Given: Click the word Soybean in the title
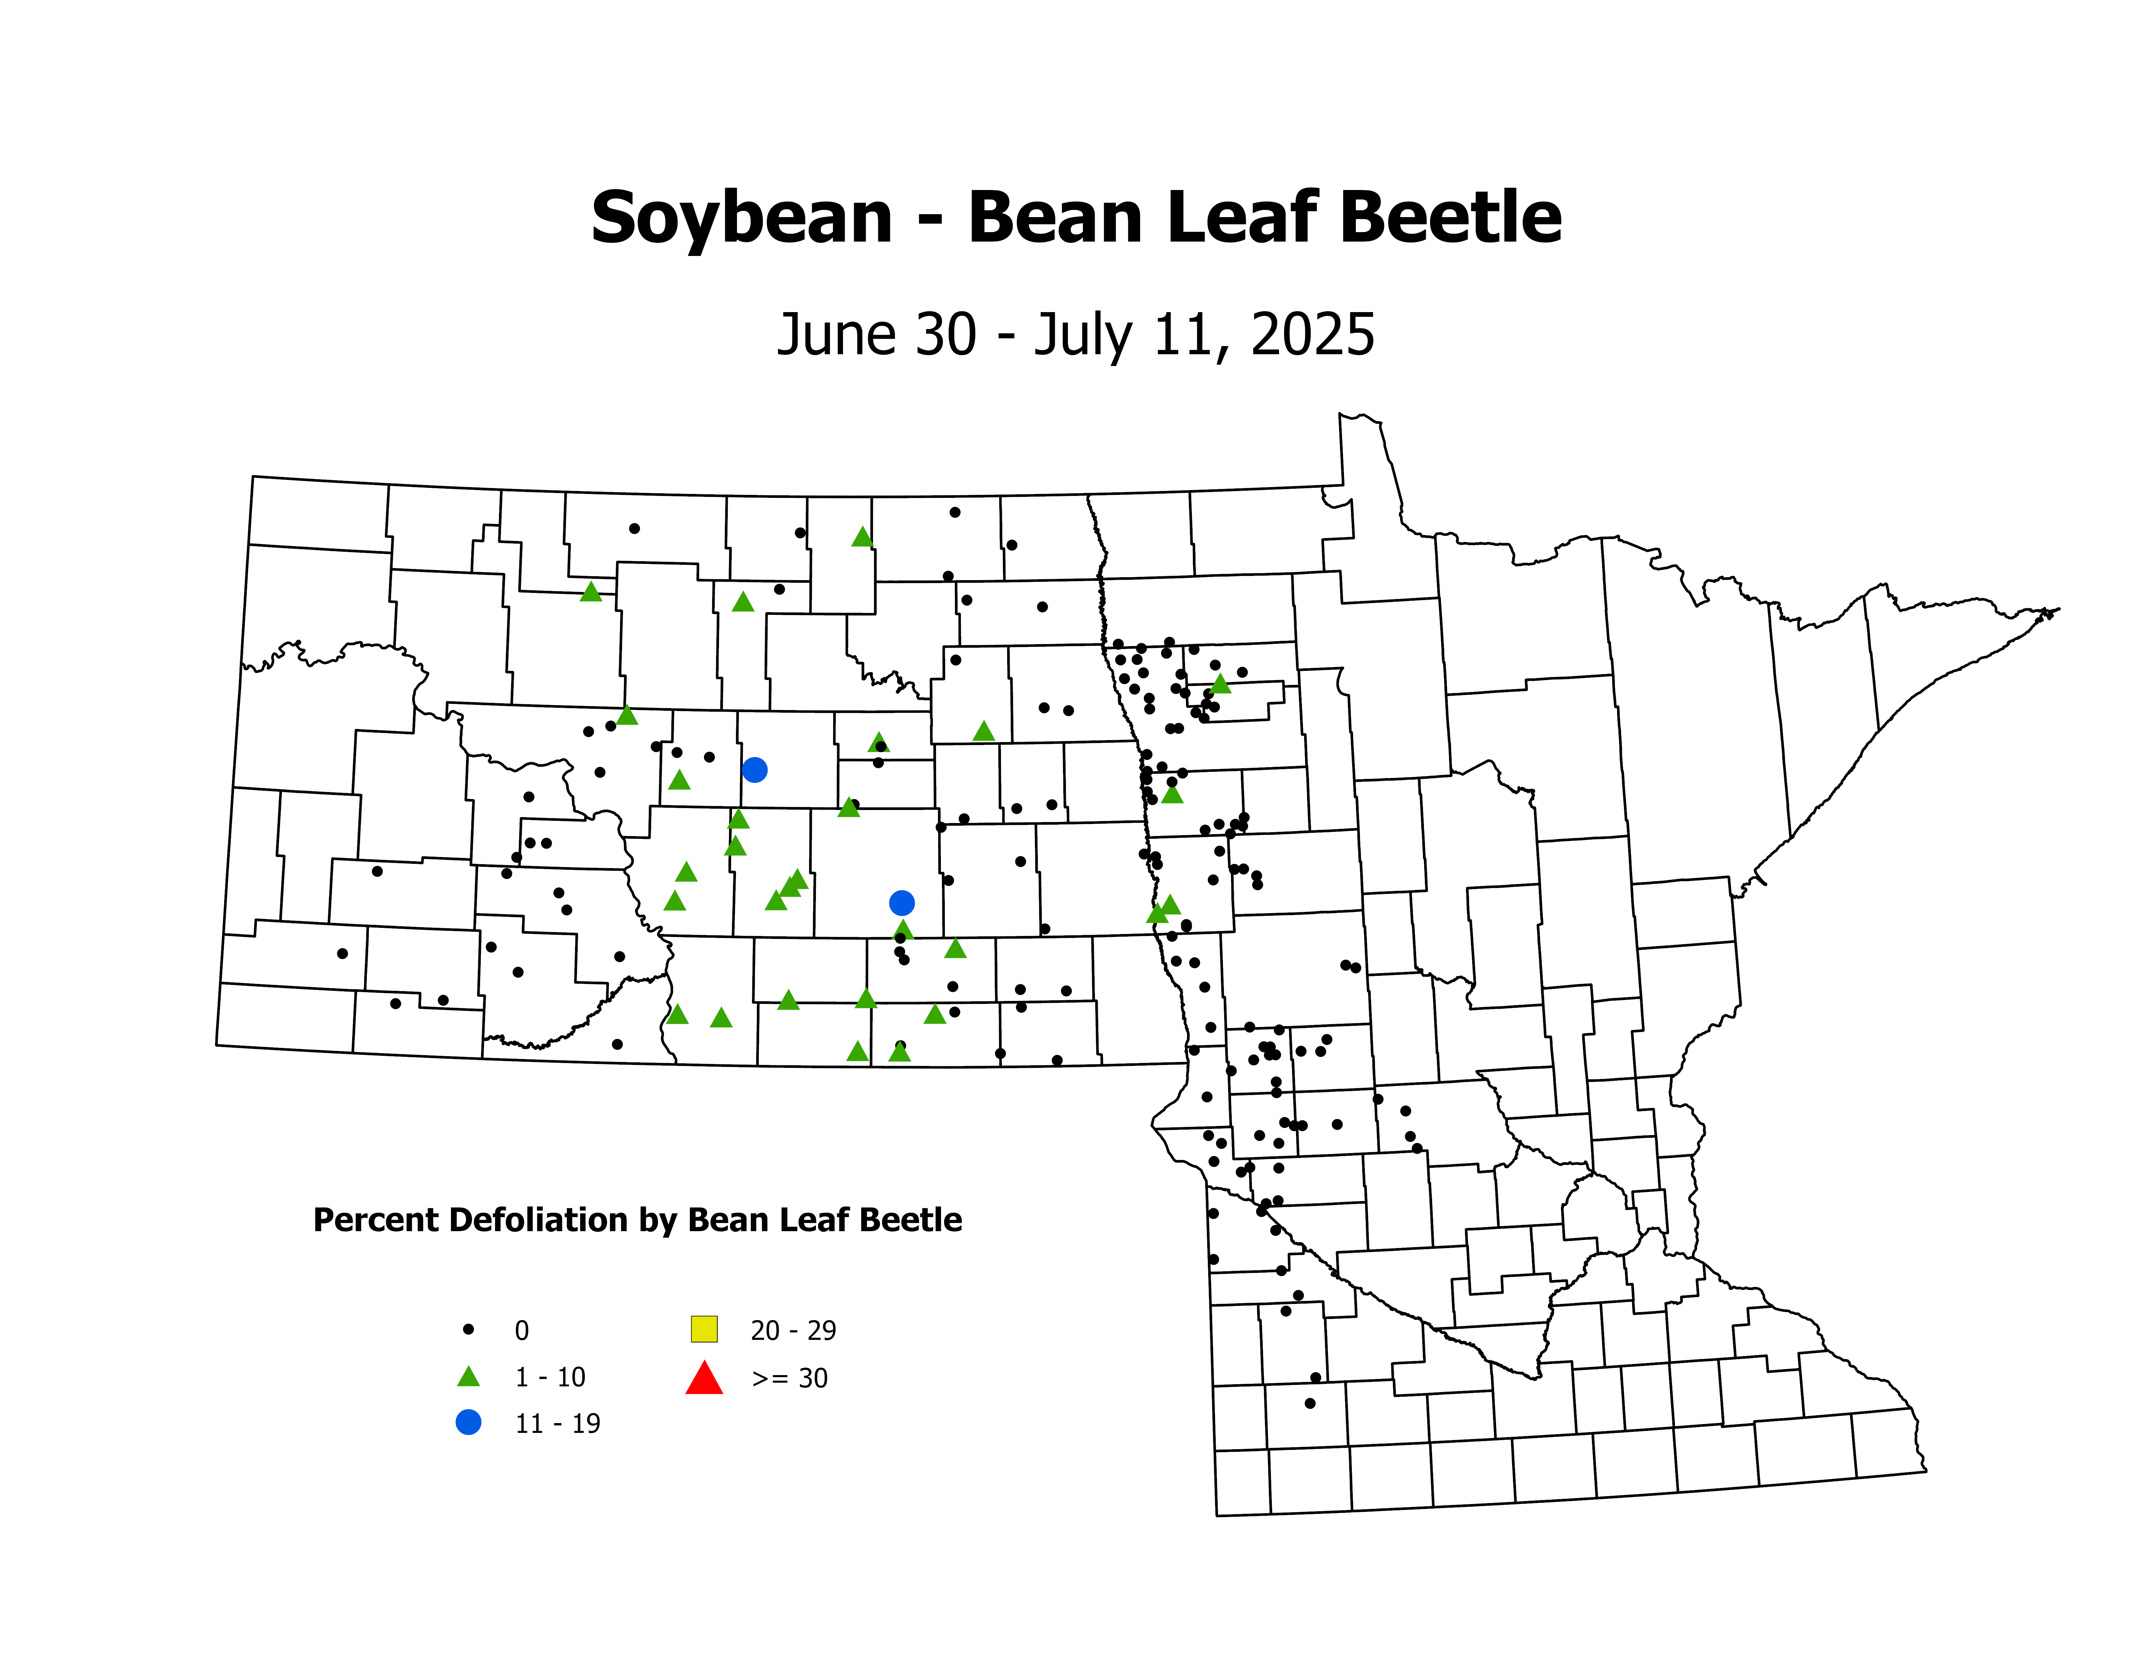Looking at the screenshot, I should click(x=742, y=219).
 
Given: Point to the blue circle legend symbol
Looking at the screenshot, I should click(x=468, y=1422).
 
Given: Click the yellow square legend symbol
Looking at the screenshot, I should click(x=704, y=1329).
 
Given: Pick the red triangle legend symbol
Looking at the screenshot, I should click(x=704, y=1378).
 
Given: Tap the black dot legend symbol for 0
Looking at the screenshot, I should click(x=468, y=1330).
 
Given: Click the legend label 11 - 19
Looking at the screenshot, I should click(x=557, y=1423).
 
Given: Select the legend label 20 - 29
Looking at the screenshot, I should click(x=793, y=1331).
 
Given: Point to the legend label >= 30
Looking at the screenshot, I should click(x=789, y=1378).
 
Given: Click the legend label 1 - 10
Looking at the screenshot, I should click(x=549, y=1377).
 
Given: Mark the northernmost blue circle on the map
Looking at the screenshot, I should click(x=755, y=769).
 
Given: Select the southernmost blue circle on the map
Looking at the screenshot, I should click(x=901, y=903).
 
